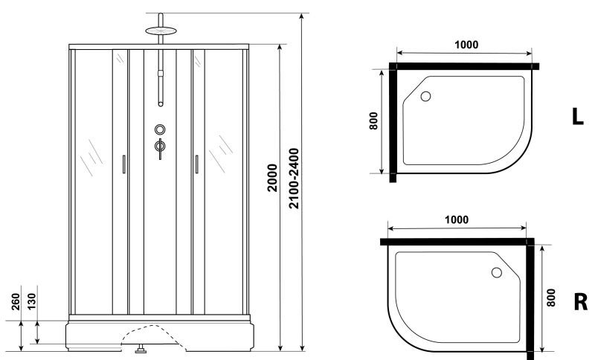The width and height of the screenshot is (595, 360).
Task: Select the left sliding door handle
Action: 123,164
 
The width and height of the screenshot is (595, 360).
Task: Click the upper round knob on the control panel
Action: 159,129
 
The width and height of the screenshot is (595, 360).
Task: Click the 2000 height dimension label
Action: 273,179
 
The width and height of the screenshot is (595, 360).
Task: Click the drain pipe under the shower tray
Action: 141,346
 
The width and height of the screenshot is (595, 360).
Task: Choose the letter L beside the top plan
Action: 577,117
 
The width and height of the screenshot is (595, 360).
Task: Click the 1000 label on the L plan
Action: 466,44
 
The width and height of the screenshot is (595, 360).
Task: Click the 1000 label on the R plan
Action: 456,219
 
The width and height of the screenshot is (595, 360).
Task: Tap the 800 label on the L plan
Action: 373,121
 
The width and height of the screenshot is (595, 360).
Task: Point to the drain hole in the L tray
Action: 426,96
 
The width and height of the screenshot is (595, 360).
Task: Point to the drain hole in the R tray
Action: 496,273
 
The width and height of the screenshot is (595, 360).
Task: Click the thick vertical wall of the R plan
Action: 531,298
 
